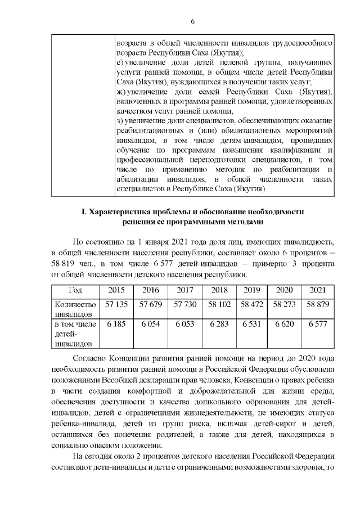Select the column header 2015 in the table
tap(116, 290)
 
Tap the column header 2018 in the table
tap(219, 290)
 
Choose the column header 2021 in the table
tap(318, 290)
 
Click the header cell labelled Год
tap(76, 290)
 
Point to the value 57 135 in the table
tap(116, 304)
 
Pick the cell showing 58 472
tap(251, 304)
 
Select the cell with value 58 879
tap(318, 304)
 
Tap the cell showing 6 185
tap(116, 325)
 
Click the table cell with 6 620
tap(284, 325)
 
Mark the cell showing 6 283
tap(219, 325)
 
